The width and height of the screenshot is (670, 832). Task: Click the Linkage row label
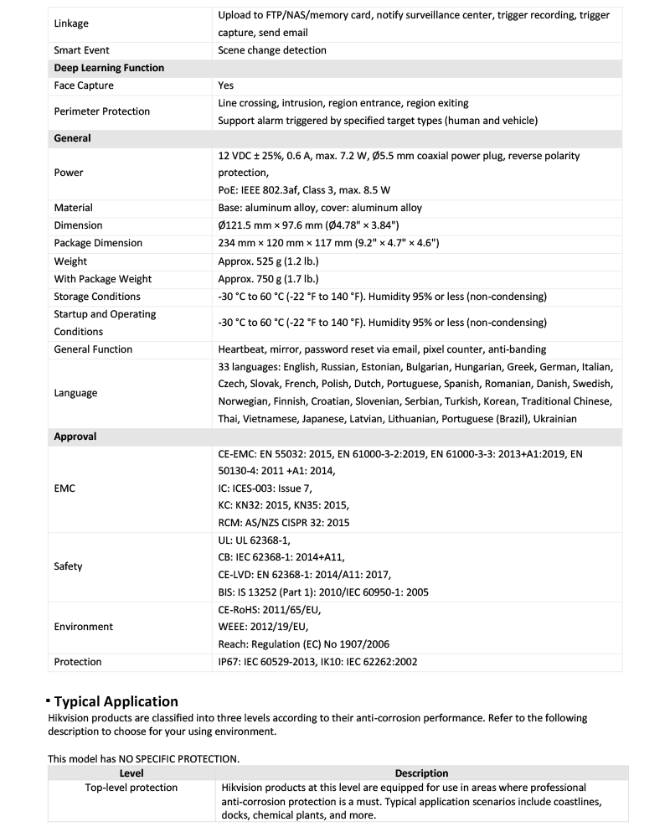(x=71, y=23)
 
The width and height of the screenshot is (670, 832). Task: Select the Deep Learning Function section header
(x=109, y=68)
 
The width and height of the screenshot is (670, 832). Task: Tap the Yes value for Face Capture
(x=225, y=85)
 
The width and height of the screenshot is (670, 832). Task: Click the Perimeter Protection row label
(x=101, y=111)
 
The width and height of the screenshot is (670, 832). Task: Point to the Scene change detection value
(x=272, y=50)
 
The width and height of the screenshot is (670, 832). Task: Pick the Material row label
(x=73, y=208)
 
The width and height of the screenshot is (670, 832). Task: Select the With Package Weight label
(x=102, y=279)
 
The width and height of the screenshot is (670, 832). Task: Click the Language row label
(x=75, y=393)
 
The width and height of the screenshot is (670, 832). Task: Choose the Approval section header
(x=75, y=437)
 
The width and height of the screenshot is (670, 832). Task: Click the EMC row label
(x=64, y=488)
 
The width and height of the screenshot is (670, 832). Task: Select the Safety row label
(x=68, y=566)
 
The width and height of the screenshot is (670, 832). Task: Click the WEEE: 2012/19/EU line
(x=263, y=627)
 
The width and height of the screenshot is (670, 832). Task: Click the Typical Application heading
(x=116, y=701)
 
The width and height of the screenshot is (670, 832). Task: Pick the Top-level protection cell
(x=131, y=788)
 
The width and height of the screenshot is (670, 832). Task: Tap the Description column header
(x=421, y=773)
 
